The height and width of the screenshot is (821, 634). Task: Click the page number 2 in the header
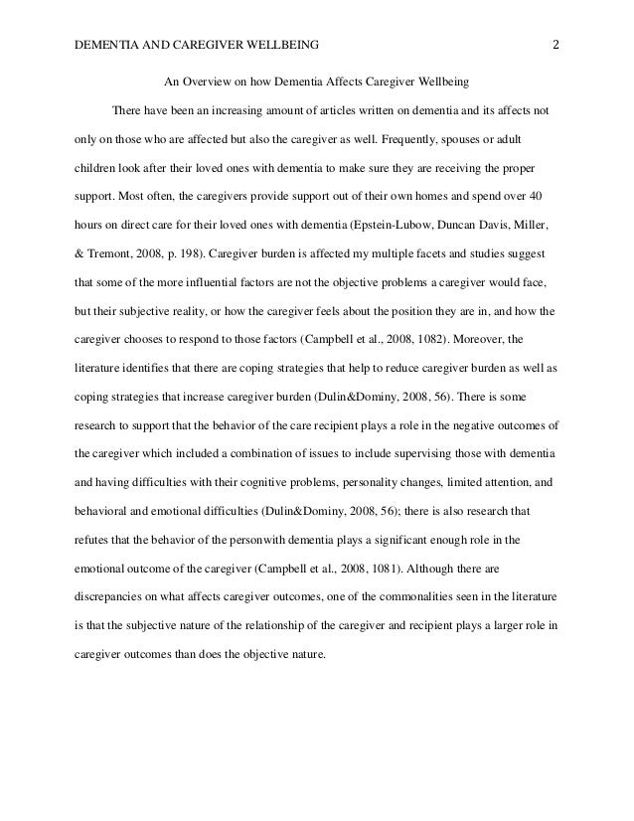[556, 44]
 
